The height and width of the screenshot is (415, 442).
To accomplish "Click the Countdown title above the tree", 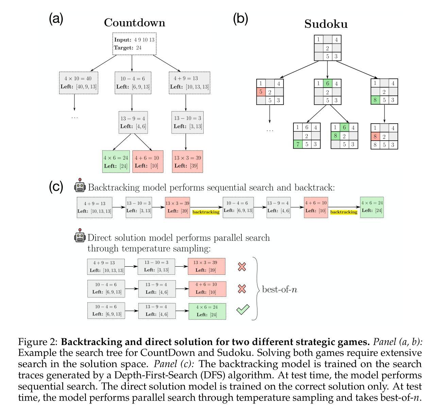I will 134,23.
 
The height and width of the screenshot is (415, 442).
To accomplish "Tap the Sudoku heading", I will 326,24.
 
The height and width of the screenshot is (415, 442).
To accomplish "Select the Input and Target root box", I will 134,44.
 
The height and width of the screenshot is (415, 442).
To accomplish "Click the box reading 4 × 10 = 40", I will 78,83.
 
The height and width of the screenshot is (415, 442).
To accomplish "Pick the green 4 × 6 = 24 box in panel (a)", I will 116,162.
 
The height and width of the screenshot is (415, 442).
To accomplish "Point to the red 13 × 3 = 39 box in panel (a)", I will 187,162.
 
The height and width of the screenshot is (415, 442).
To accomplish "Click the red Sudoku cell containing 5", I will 261,92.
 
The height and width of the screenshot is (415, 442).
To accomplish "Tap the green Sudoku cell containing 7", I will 298,144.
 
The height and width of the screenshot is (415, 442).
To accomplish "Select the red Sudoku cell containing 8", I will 375,137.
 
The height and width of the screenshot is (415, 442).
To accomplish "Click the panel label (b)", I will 240,19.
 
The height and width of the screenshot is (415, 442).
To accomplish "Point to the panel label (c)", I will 56,187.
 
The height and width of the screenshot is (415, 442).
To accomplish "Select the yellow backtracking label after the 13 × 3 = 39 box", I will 206,212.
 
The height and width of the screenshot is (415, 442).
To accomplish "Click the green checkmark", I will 242,309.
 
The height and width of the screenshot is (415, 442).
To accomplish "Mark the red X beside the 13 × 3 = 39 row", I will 242,267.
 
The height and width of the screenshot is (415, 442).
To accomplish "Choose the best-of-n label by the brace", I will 279,289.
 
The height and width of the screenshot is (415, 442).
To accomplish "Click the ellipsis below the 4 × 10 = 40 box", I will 74,117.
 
